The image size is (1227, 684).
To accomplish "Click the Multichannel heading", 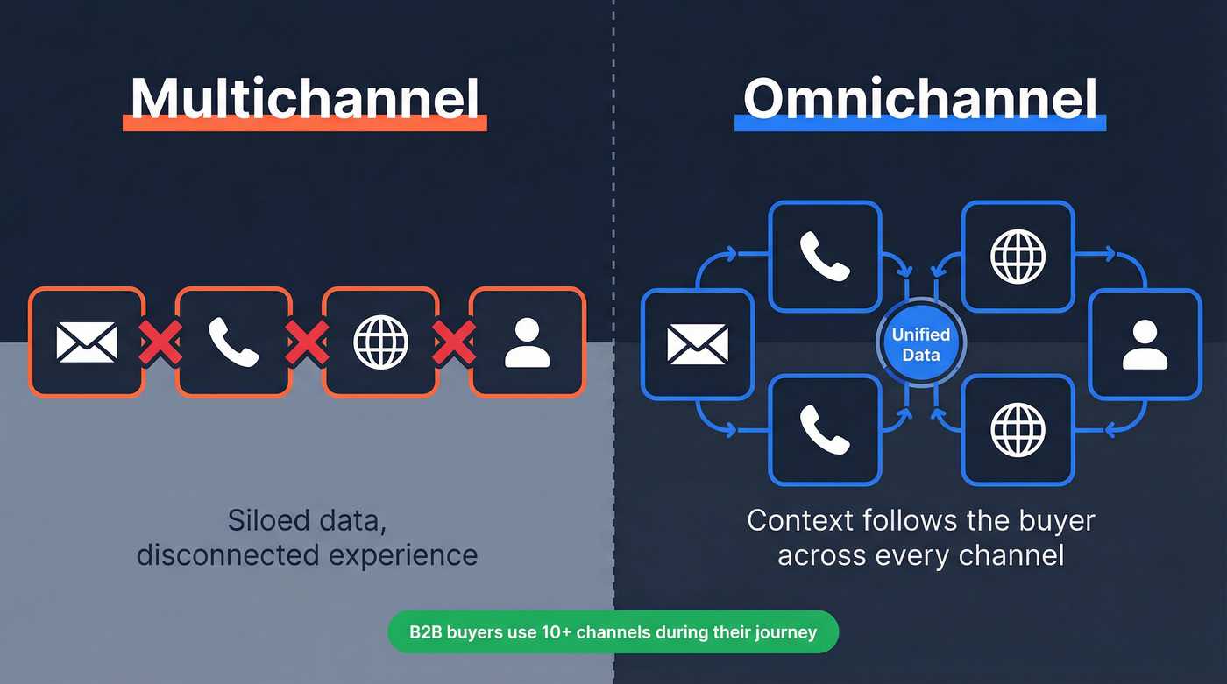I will point(304,98).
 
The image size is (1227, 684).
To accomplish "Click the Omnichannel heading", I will point(920,98).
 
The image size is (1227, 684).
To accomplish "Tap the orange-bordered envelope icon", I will point(86,342).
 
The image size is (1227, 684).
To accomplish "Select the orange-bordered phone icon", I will point(233,342).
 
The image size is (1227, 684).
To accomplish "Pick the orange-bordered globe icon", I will point(380,342).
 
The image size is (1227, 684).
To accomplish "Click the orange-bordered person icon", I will point(528,342).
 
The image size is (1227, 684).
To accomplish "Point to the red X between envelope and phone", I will point(160,342).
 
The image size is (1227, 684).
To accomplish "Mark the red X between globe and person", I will point(455,342).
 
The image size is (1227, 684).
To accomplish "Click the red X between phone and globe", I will point(308,342).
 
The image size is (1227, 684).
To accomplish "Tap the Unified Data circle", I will point(920,344).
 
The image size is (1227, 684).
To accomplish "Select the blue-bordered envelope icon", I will point(697,343).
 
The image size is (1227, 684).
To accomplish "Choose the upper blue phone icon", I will point(825,256).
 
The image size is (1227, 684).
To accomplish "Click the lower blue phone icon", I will point(825,429).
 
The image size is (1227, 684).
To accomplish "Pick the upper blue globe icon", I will point(1018,256).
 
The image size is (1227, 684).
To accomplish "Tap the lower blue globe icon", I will point(1018,429).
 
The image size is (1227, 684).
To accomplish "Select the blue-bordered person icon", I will point(1144,343).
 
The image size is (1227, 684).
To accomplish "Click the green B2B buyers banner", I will point(613,631).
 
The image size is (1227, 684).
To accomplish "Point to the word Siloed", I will point(268,520).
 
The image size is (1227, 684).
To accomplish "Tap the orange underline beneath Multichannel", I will point(304,125).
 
